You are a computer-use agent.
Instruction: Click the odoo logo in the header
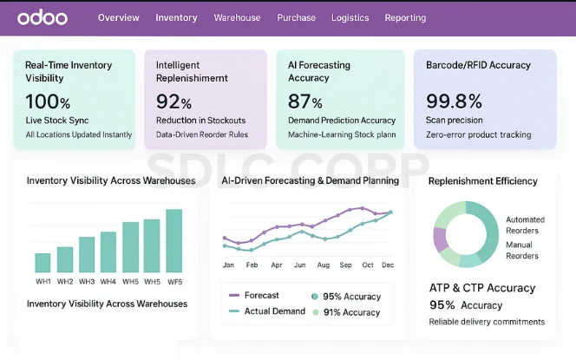click(43, 17)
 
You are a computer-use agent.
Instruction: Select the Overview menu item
click(119, 17)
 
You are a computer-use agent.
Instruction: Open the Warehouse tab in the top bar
click(237, 17)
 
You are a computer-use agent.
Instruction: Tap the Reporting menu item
click(405, 17)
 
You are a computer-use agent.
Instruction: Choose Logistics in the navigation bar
click(350, 17)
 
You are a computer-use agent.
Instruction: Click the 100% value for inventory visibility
click(48, 102)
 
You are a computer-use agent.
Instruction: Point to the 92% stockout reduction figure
click(173, 102)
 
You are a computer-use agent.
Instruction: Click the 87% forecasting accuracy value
click(305, 102)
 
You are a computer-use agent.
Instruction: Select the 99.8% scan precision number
click(454, 102)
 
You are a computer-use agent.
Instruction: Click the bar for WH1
click(43, 263)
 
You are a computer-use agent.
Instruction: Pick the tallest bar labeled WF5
click(174, 241)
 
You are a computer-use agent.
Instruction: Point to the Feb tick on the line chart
click(252, 265)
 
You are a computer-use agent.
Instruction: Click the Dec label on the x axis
click(387, 265)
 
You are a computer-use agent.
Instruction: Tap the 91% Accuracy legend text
click(351, 312)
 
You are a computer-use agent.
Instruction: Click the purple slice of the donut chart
click(441, 239)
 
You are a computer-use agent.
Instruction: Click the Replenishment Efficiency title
click(482, 181)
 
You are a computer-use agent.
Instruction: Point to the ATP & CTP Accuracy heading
click(482, 288)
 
